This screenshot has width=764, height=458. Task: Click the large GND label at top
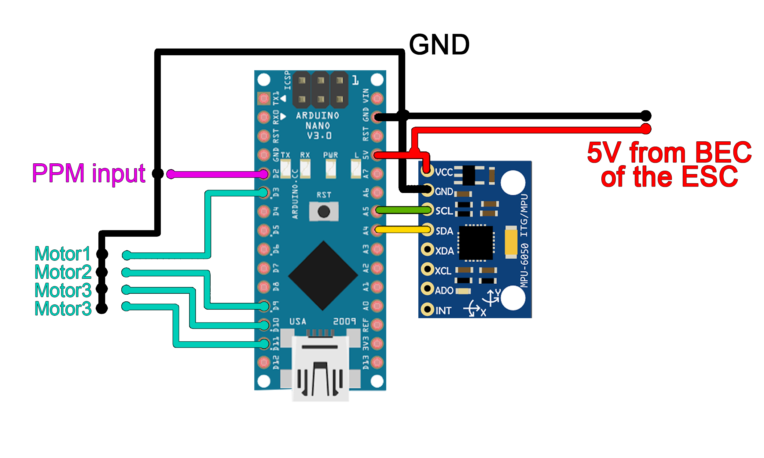(x=439, y=45)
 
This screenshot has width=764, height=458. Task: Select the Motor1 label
(x=62, y=254)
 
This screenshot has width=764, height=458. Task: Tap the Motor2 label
(x=63, y=272)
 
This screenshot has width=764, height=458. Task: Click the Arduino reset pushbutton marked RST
(x=323, y=211)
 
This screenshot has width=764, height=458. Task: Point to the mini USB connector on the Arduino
(x=320, y=367)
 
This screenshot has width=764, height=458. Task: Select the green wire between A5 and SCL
(x=403, y=210)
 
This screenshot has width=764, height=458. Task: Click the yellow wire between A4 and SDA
(x=403, y=229)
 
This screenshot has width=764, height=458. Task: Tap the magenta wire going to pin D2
(x=216, y=174)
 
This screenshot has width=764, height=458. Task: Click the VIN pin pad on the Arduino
(x=377, y=98)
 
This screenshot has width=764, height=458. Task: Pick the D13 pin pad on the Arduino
(x=377, y=362)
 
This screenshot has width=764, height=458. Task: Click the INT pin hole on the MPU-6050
(x=428, y=309)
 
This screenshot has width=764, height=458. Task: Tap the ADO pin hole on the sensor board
(x=428, y=289)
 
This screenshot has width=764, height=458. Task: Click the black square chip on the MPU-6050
(x=476, y=243)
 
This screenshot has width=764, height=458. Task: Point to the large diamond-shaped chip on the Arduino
(x=323, y=276)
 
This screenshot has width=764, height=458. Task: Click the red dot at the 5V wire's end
(x=645, y=129)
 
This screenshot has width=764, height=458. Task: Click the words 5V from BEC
(x=669, y=153)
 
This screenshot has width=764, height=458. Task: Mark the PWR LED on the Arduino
(x=330, y=169)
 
